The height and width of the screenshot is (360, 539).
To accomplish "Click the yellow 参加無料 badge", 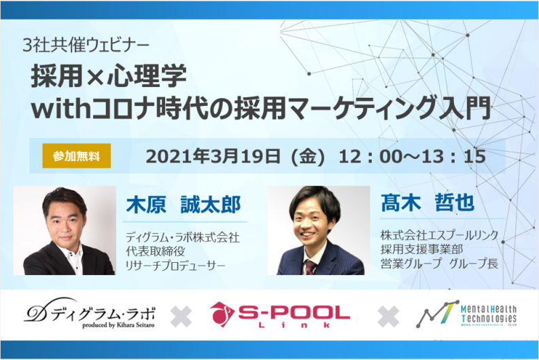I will [76, 156].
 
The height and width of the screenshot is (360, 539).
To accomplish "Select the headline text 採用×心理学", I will [109, 75].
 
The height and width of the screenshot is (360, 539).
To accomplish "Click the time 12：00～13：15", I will [416, 156].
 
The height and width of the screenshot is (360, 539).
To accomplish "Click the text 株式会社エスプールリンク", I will [440, 235].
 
